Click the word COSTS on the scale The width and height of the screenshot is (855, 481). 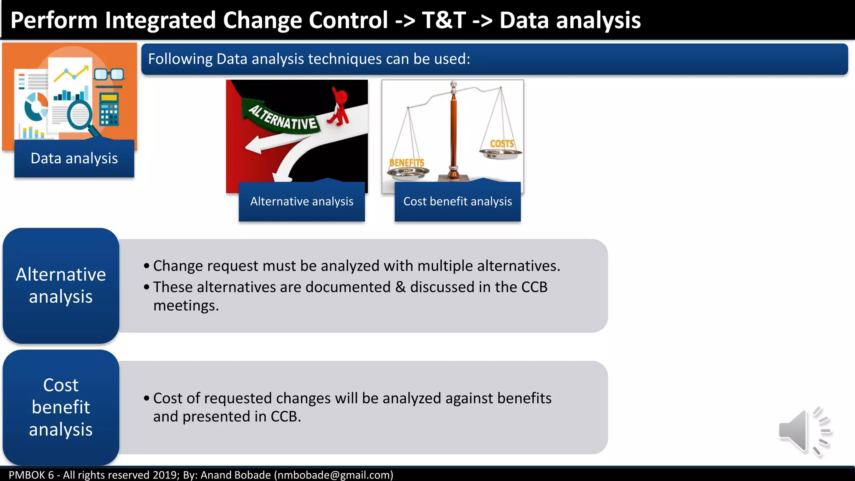tap(502, 144)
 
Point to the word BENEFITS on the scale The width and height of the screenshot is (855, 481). tap(407, 163)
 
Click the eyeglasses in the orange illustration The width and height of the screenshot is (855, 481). tap(109, 75)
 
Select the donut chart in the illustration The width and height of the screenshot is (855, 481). tap(36, 106)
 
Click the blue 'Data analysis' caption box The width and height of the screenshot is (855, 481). tap(74, 159)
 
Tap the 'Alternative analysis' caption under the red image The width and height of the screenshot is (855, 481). tap(301, 202)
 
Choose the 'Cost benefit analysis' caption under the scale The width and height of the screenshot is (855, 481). tap(457, 202)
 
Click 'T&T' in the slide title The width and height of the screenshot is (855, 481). tap(443, 20)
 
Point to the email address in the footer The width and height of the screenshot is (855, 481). tap(334, 475)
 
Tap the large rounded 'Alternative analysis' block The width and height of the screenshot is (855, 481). tap(61, 286)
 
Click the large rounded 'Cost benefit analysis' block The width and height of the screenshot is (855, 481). tap(61, 407)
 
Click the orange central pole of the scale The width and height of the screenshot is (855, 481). tap(453, 134)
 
